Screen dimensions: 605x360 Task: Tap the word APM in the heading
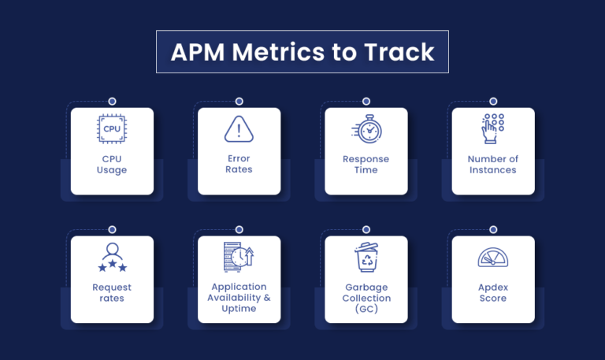tap(198, 52)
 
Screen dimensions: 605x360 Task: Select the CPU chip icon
tap(112, 129)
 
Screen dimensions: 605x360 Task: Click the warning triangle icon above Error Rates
tap(239, 129)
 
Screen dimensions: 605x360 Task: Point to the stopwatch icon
tap(367, 129)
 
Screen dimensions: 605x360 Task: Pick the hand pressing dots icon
tap(492, 129)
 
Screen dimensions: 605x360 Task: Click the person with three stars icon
tap(113, 258)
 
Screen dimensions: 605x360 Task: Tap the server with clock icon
tap(239, 257)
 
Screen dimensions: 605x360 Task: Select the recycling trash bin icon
tap(366, 258)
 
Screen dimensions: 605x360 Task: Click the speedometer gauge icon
tap(493, 258)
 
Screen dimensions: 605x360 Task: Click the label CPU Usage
tap(112, 165)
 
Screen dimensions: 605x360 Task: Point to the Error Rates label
tap(239, 164)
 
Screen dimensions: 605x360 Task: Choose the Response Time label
tap(366, 165)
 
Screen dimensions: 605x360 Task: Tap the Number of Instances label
tap(492, 165)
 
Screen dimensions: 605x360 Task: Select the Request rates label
tap(112, 292)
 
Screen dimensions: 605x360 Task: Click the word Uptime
tap(239, 309)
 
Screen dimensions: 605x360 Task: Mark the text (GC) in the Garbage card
tap(366, 309)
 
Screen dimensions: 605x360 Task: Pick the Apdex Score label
tap(493, 292)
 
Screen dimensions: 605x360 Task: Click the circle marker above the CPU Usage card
tap(113, 102)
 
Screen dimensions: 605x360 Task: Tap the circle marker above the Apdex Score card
tap(493, 229)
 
